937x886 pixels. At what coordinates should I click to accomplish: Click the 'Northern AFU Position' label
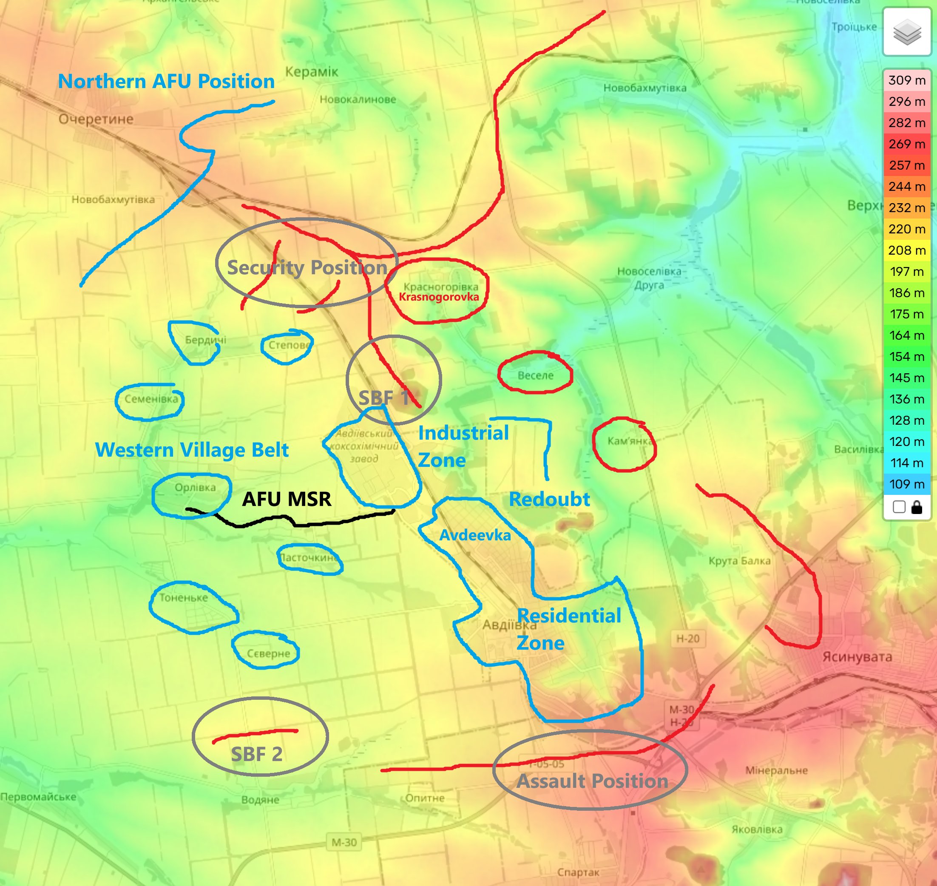[x=166, y=81]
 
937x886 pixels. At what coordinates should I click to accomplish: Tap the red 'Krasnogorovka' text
[x=439, y=297]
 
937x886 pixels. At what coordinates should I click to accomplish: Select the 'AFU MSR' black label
[x=286, y=499]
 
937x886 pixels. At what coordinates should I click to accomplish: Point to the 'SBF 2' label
[x=256, y=754]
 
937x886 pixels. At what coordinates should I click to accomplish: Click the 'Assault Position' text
[x=592, y=781]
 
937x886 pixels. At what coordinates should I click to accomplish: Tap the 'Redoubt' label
[x=549, y=499]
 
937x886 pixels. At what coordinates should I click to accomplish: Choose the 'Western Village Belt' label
[x=192, y=450]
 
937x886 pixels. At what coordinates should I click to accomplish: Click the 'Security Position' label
[x=307, y=268]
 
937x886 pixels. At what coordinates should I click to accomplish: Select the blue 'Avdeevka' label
[x=475, y=535]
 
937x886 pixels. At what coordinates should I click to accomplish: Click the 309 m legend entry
[x=907, y=80]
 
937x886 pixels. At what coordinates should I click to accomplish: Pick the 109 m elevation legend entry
[x=907, y=484]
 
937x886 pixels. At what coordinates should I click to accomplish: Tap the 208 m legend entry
[x=907, y=250]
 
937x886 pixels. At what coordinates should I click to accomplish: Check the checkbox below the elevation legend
[x=899, y=507]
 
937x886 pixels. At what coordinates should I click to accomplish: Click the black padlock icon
[x=917, y=507]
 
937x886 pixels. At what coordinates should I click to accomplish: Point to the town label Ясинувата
[x=857, y=657]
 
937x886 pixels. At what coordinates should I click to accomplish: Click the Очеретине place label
[x=96, y=119]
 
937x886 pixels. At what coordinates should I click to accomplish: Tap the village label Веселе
[x=536, y=375]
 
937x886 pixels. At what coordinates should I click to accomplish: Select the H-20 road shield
[x=687, y=639]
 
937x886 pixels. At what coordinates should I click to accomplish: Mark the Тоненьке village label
[x=183, y=598]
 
